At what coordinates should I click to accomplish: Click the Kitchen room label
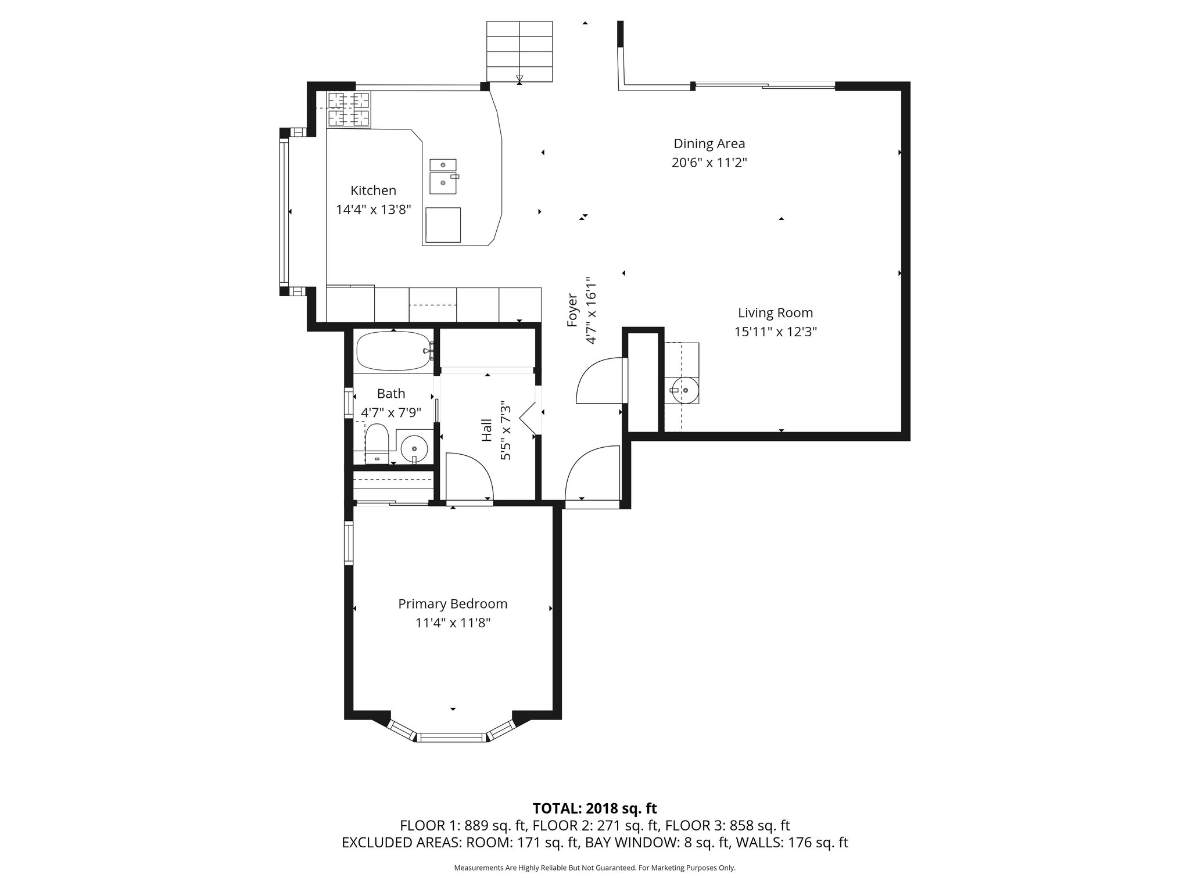(373, 190)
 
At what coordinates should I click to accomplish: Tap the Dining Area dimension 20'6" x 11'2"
(709, 163)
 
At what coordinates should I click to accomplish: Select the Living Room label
(775, 313)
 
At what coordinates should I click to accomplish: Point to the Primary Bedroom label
(453, 604)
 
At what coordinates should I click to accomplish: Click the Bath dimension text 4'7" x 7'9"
(391, 413)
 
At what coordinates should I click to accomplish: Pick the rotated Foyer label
(573, 310)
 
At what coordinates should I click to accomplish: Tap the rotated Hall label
(487, 430)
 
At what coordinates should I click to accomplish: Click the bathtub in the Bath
(394, 351)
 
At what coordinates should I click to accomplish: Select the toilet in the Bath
(377, 443)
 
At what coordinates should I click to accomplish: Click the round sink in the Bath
(414, 448)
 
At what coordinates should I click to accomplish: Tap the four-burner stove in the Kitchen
(349, 109)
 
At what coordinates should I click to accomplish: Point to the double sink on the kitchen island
(443, 177)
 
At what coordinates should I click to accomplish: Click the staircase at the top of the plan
(519, 51)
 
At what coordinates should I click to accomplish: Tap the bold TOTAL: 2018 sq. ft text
(594, 808)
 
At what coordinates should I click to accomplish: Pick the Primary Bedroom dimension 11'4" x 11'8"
(453, 623)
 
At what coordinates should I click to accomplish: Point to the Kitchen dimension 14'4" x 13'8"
(374, 210)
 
